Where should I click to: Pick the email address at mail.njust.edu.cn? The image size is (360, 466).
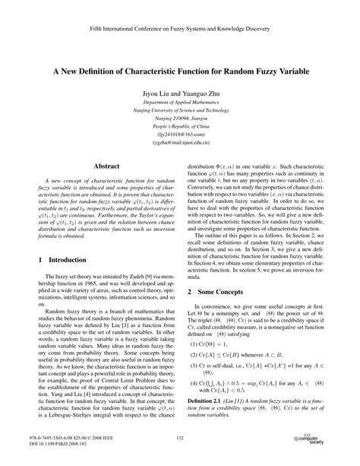click(x=180, y=142)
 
